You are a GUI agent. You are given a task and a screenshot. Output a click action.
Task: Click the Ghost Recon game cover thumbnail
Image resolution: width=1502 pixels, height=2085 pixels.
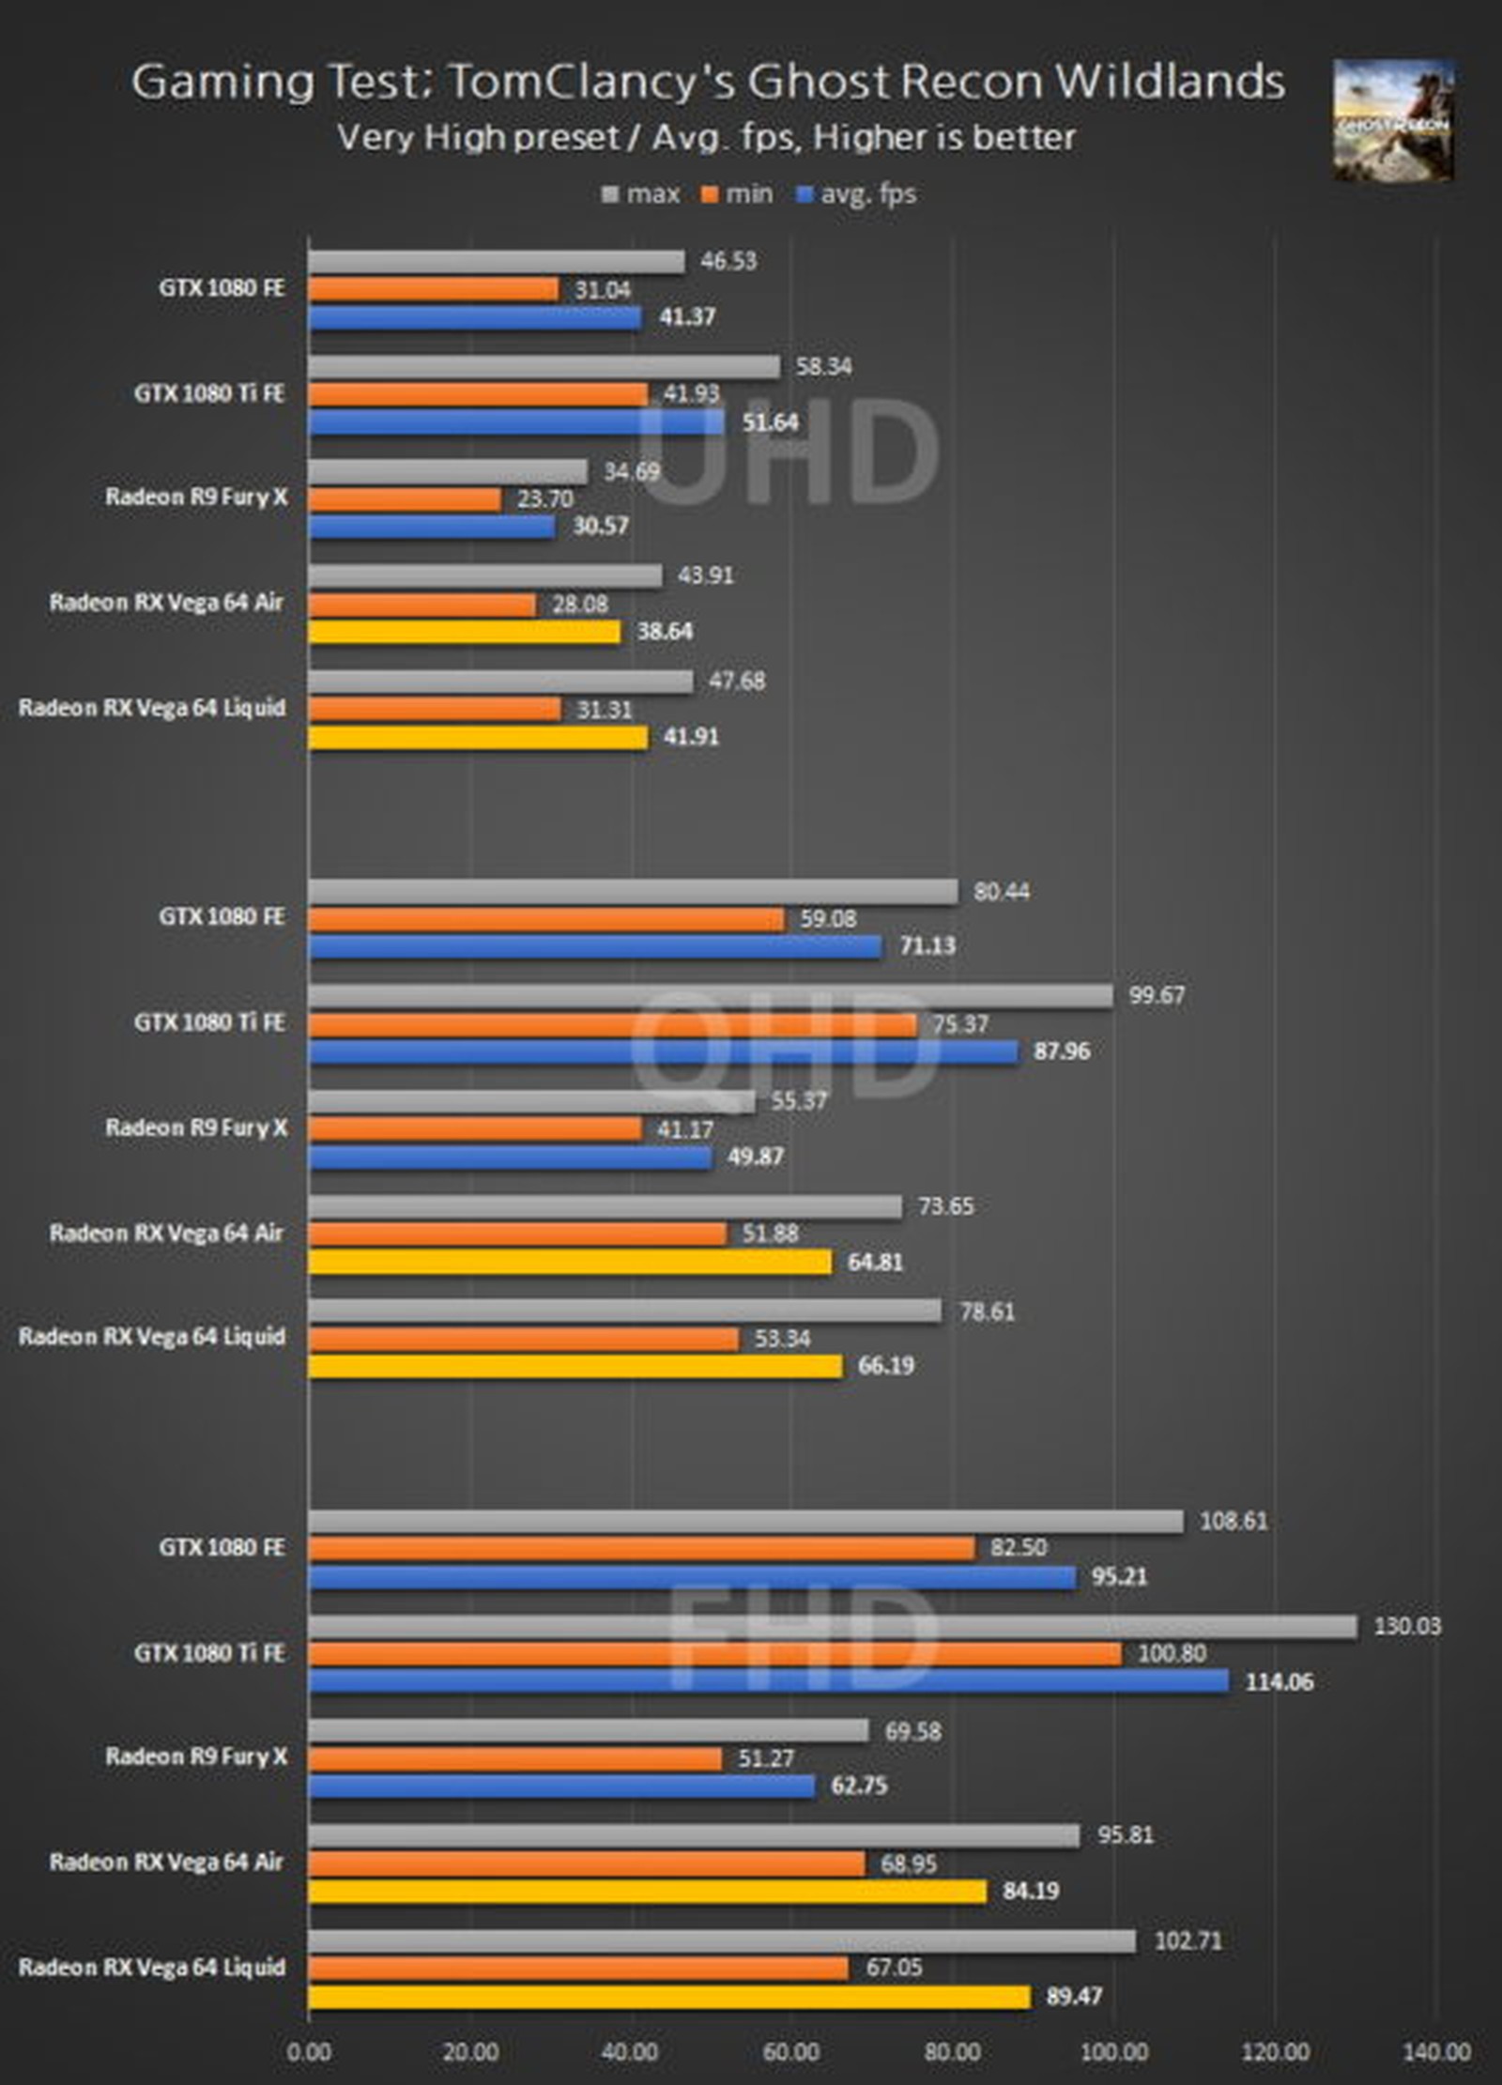click(1393, 119)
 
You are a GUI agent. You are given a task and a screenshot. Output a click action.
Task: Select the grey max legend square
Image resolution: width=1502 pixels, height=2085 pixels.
click(610, 195)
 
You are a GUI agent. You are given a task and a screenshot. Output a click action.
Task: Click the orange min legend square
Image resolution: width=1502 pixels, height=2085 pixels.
click(710, 195)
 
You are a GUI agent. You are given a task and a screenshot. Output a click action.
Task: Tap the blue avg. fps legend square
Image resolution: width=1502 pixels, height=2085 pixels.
click(804, 195)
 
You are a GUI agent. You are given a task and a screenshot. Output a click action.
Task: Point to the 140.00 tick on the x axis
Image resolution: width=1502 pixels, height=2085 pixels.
click(1436, 2052)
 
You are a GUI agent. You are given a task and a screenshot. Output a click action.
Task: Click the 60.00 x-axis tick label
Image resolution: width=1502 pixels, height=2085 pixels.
click(791, 2052)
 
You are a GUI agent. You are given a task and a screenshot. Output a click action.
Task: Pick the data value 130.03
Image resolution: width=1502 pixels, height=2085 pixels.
click(1406, 1626)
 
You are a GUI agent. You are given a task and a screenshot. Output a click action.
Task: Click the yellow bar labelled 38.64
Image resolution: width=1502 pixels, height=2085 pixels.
click(464, 633)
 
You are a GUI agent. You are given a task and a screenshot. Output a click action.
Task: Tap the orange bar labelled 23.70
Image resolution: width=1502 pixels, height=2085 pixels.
click(405, 499)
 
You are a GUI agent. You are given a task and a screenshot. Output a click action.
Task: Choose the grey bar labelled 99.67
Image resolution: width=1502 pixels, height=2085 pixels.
click(710, 996)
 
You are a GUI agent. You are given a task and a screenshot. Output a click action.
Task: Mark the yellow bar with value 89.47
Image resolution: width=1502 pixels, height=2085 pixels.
click(668, 1997)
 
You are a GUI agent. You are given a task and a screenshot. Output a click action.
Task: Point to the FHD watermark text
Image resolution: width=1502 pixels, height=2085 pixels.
click(802, 1638)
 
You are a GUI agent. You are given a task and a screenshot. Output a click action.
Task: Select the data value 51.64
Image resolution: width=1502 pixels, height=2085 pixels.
click(770, 422)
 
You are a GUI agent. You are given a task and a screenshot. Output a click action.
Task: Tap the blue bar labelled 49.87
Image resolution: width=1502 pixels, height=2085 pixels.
click(510, 1157)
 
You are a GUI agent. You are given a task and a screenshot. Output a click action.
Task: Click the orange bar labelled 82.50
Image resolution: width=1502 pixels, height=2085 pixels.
click(641, 1549)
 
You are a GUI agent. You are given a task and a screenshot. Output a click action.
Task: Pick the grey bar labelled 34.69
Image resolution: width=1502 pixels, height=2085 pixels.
click(448, 472)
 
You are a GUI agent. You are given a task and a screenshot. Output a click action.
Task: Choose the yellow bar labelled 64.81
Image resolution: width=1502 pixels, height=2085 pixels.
click(570, 1263)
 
